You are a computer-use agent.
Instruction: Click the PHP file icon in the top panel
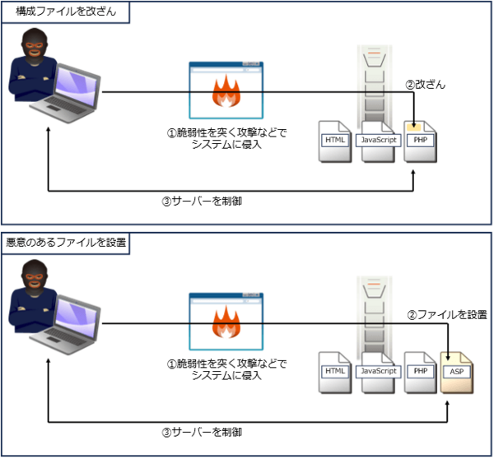(421, 140)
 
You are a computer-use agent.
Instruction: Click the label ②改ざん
(425, 85)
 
